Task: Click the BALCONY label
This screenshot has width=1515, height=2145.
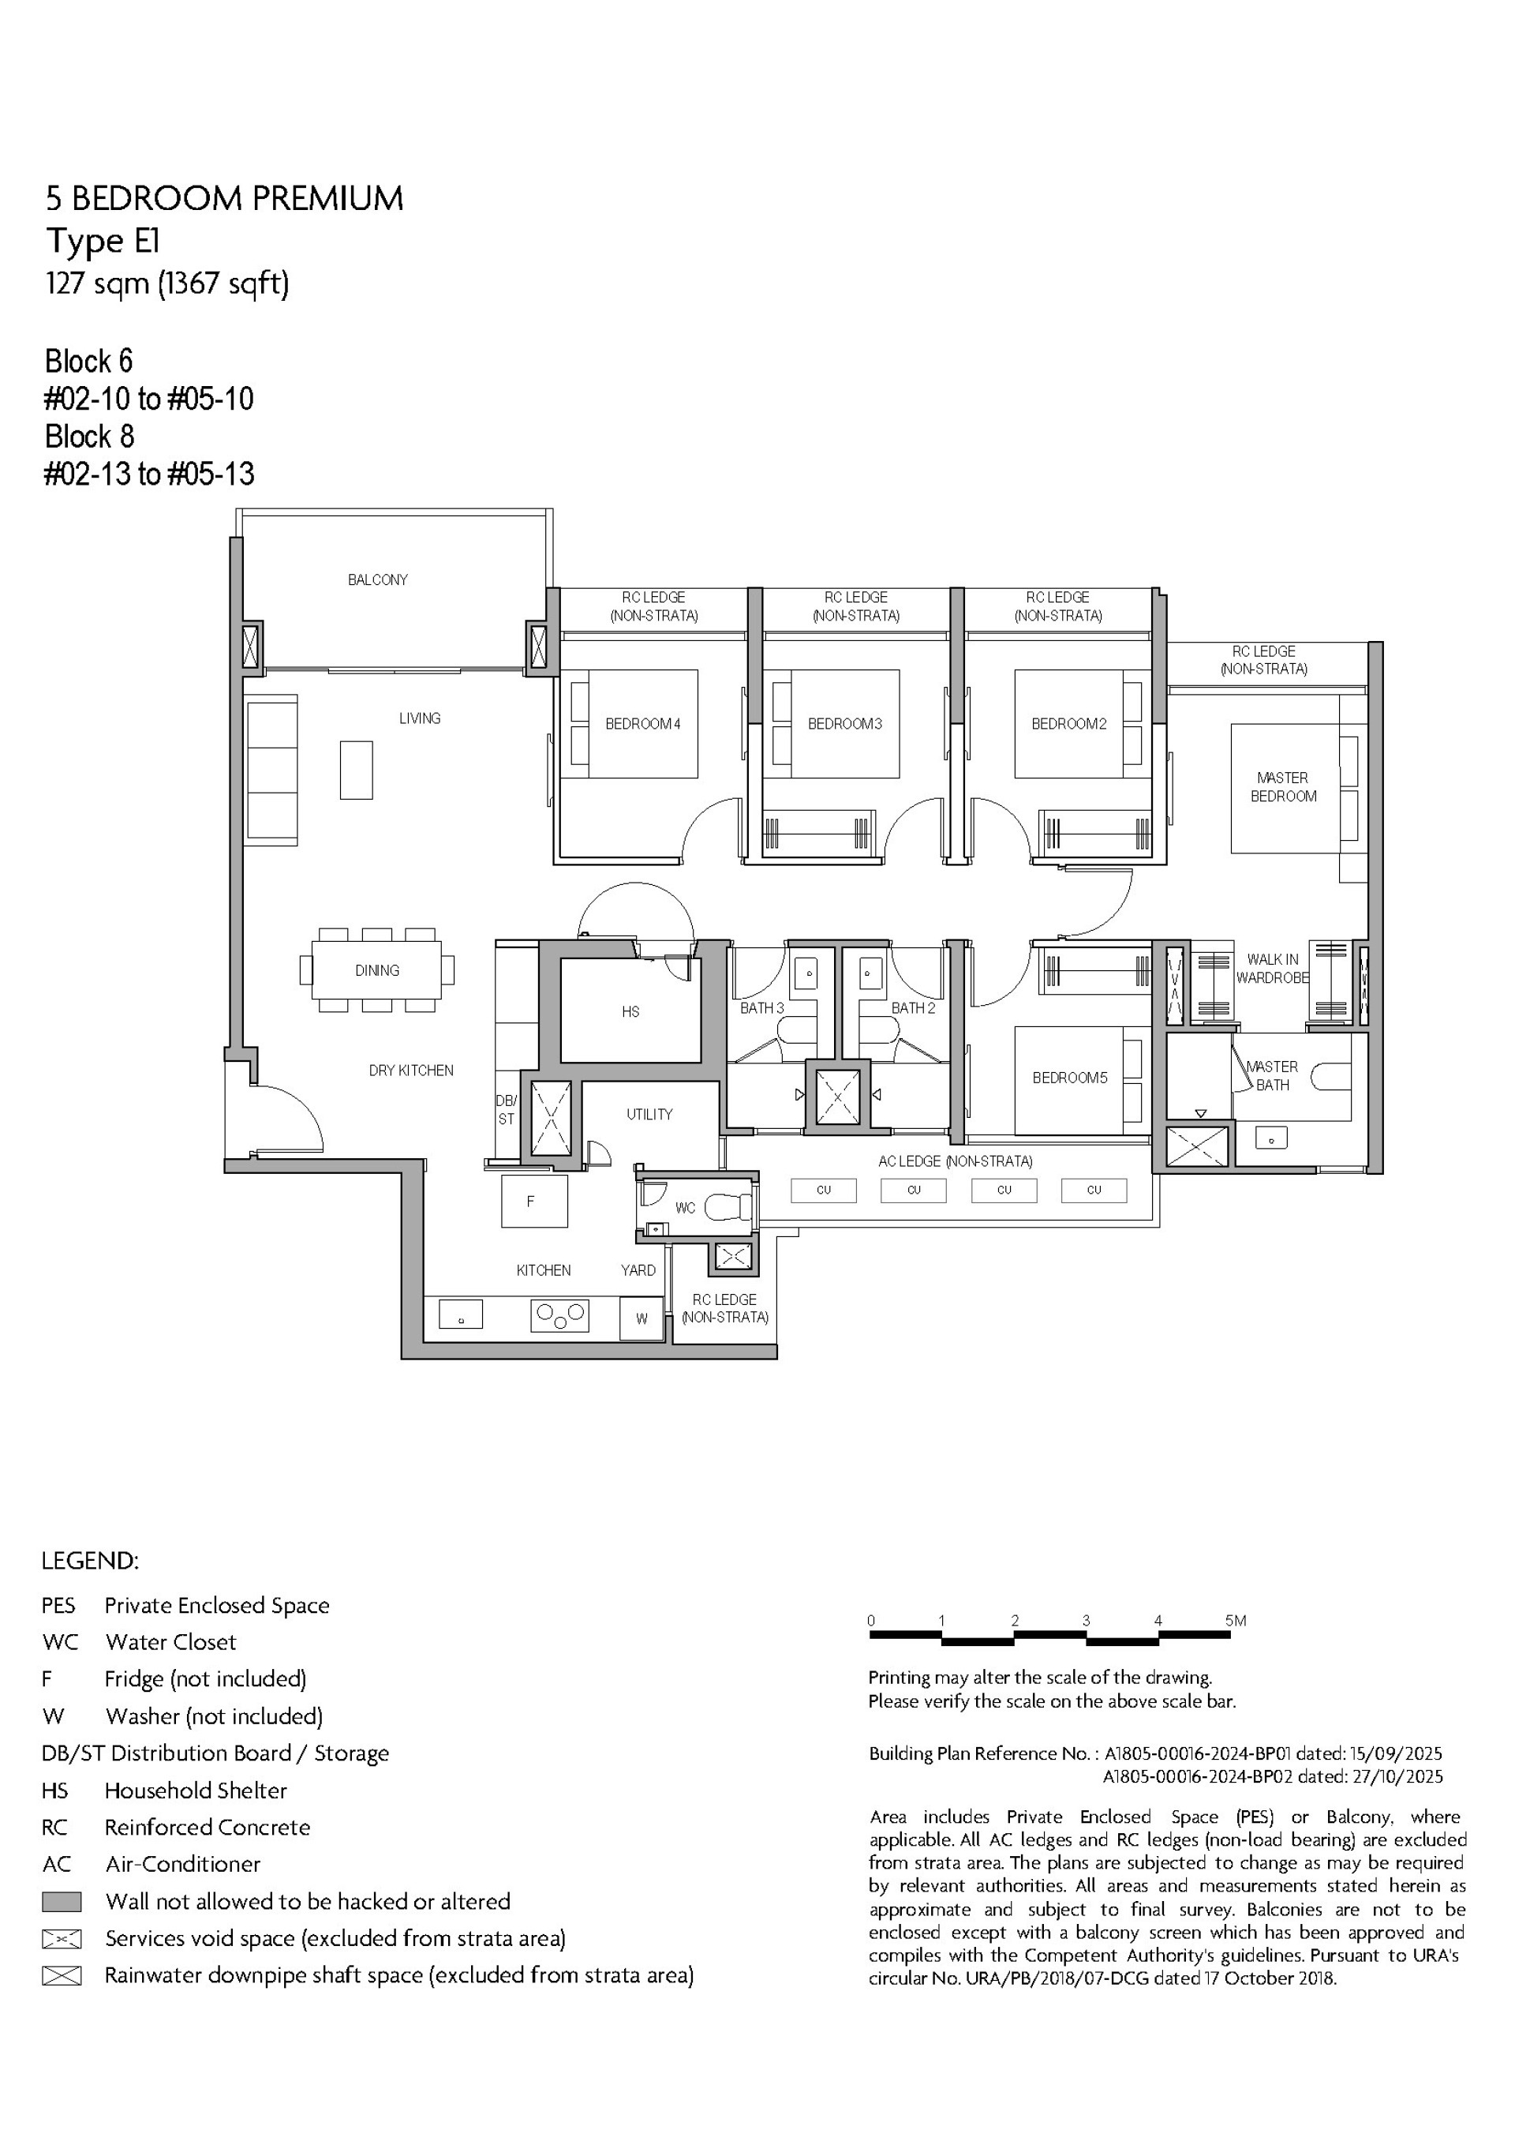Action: click(x=377, y=580)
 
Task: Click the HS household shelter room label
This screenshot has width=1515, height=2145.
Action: click(x=630, y=1012)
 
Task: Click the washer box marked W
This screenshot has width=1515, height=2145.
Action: click(x=642, y=1319)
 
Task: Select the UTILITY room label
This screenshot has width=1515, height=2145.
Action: click(x=649, y=1115)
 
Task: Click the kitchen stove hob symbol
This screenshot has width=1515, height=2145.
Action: click(x=559, y=1316)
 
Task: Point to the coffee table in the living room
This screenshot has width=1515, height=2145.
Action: click(x=356, y=770)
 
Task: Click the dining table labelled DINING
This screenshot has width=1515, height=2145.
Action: click(x=377, y=971)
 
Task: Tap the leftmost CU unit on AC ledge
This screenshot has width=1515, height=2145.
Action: click(x=823, y=1191)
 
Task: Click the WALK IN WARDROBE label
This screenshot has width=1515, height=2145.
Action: click(x=1272, y=969)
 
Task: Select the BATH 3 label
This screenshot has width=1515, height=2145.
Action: click(x=762, y=1008)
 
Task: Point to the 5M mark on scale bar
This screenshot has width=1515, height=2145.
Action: click(x=1235, y=1621)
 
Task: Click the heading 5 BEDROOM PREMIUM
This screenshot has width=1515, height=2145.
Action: click(x=224, y=199)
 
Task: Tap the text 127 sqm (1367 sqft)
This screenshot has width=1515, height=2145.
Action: click(x=167, y=283)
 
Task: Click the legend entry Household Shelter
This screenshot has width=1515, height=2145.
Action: click(x=195, y=1791)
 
